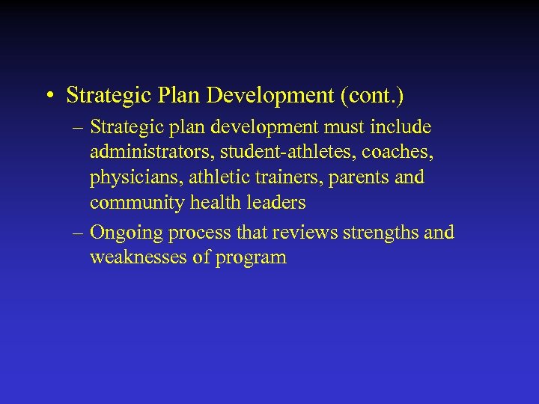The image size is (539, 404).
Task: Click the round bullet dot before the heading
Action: click(49, 97)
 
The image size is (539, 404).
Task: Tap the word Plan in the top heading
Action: click(177, 96)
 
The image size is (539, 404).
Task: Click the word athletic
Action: click(219, 178)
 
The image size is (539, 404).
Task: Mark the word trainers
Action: click(294, 178)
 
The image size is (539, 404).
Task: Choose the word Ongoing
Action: click(127, 233)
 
